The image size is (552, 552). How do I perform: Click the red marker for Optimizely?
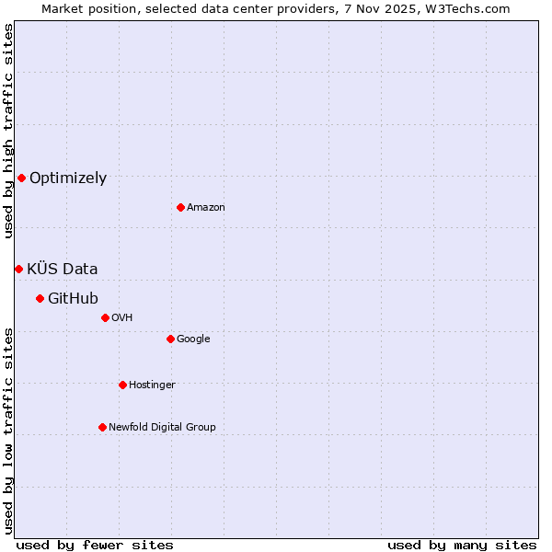(x=21, y=178)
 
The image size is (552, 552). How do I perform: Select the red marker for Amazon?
(x=180, y=207)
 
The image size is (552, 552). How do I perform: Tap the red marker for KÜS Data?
(x=18, y=269)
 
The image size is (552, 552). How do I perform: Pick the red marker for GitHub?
(x=40, y=298)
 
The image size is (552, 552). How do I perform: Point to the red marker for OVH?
(x=105, y=317)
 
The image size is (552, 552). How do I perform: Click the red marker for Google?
(x=170, y=339)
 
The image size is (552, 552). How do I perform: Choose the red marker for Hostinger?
(x=122, y=385)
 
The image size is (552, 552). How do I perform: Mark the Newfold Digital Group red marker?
(x=102, y=427)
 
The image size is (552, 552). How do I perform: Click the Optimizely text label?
(x=68, y=178)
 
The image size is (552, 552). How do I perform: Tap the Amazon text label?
(x=206, y=208)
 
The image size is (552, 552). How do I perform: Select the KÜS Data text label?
(x=63, y=270)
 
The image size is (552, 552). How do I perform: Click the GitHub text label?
(x=73, y=299)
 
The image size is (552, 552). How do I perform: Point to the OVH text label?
(x=122, y=318)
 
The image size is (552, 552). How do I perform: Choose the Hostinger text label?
(x=152, y=385)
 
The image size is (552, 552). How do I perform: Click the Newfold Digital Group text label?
(x=162, y=428)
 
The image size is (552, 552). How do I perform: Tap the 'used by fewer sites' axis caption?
(x=95, y=545)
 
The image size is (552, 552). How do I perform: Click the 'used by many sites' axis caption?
(x=462, y=545)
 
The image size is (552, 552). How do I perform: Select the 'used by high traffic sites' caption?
(x=8, y=131)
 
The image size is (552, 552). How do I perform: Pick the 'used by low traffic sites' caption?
(x=8, y=430)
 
